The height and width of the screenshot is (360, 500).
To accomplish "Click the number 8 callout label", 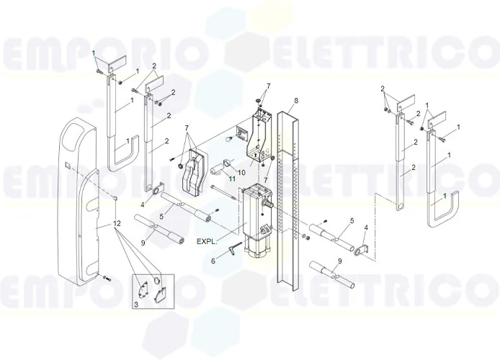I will point(295,99).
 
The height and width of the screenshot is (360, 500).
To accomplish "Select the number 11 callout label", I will point(232,177).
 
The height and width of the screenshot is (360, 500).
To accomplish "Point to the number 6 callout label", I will point(213,261).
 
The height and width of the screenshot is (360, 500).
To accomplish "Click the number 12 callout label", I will point(117,225).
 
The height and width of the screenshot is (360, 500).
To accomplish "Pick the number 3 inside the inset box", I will point(136,305).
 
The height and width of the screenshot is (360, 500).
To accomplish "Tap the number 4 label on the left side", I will point(143,205).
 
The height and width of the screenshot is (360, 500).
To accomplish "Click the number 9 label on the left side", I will point(143,243).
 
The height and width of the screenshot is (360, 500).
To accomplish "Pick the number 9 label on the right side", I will point(340,261).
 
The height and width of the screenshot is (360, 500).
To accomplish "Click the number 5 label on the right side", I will point(352,220).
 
